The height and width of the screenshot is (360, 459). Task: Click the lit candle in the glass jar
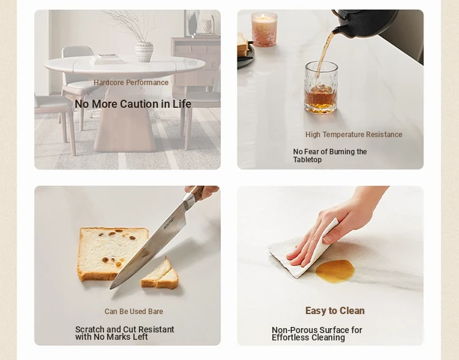264,29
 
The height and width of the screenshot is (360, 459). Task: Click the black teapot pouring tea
365,23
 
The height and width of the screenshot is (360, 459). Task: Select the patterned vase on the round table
144,51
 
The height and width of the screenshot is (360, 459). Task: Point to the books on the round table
106,59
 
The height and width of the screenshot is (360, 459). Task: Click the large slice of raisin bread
113,253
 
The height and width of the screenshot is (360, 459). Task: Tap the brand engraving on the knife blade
169,223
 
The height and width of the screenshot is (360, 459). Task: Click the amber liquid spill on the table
335,271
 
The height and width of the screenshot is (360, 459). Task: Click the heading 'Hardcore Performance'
131,83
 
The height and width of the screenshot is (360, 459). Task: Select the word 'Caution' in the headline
140,104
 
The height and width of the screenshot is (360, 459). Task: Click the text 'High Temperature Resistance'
354,135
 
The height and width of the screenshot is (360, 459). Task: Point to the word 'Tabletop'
307,160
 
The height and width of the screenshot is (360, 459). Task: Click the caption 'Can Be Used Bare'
134,312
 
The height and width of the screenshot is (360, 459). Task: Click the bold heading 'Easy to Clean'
335,310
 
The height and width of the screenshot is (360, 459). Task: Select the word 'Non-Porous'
294,330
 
